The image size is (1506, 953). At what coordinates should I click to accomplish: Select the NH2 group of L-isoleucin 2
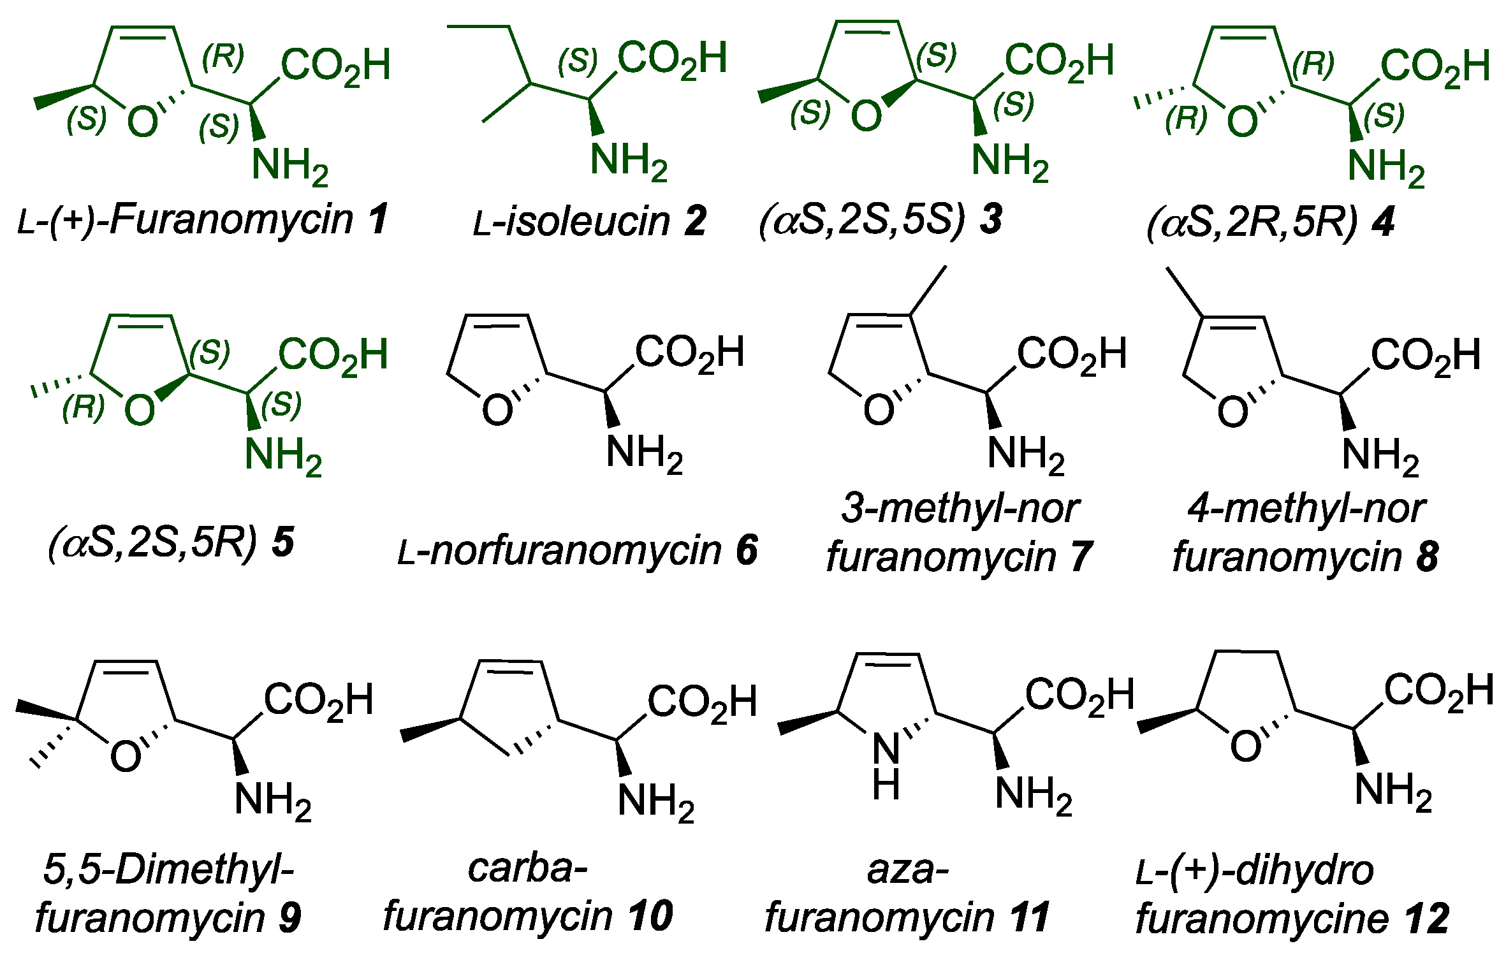(628, 160)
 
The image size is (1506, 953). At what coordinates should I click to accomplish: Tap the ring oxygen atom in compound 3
(866, 116)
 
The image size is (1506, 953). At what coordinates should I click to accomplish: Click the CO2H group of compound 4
(1435, 66)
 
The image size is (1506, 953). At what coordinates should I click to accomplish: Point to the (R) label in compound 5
(84, 409)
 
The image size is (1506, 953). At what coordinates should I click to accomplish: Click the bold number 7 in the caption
(1081, 556)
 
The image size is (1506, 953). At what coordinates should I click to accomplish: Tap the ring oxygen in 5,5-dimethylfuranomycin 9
(126, 757)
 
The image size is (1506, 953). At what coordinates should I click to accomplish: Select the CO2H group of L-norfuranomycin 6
(690, 353)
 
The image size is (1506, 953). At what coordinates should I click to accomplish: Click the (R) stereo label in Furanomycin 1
(223, 59)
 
